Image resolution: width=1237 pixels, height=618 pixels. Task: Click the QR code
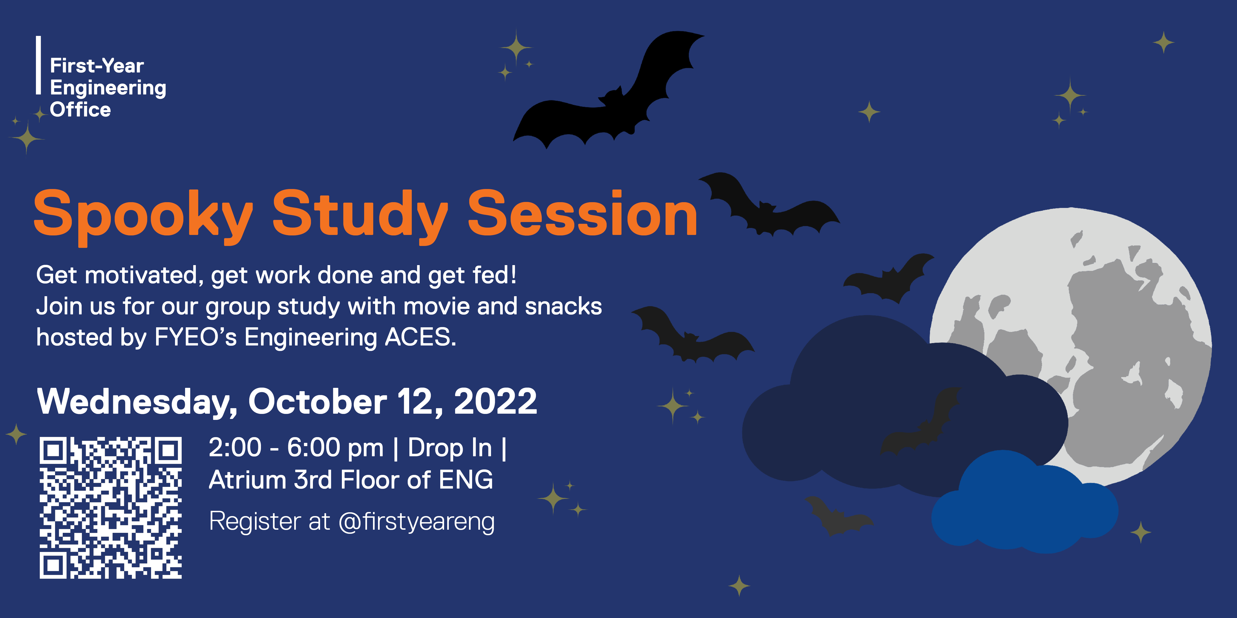coord(110,508)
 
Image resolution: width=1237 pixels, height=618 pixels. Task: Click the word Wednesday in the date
coord(137,402)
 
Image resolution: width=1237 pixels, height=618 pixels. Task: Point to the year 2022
coord(496,401)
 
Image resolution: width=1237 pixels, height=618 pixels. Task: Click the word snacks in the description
coord(563,306)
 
